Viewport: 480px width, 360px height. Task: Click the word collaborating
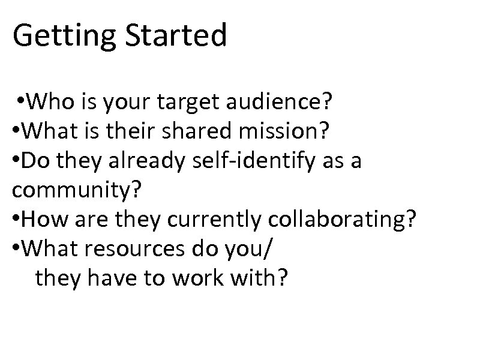[334, 220]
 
